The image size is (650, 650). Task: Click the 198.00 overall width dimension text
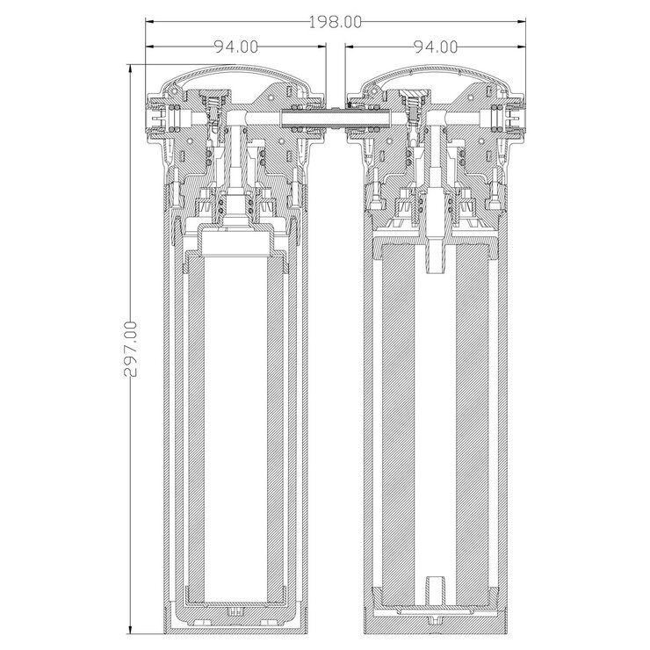335,22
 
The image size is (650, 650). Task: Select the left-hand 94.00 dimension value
235,47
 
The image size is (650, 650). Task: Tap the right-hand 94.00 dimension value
435,47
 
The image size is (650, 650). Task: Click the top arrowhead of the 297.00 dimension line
131,68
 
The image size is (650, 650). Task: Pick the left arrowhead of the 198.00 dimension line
150,22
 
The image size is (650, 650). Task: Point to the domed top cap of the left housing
234,79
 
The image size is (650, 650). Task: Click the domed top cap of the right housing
436,79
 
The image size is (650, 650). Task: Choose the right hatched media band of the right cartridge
471,430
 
